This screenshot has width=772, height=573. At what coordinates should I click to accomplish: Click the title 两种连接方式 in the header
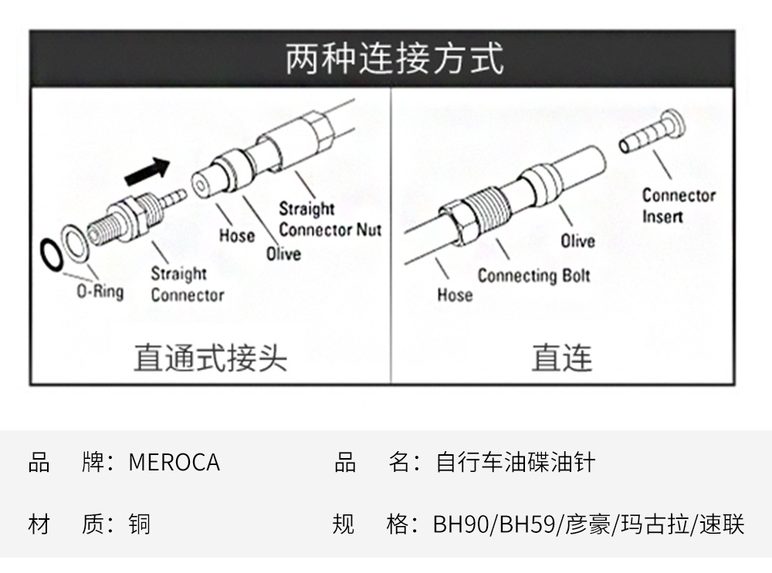click(x=394, y=59)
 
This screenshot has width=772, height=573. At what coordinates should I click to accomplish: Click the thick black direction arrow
click(x=146, y=170)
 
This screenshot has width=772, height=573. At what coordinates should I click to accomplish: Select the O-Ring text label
click(x=100, y=292)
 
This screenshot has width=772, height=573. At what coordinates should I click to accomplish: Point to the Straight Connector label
click(x=187, y=284)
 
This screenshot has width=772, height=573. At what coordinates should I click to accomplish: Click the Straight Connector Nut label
click(x=330, y=219)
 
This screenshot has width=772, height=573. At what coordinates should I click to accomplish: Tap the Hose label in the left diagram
click(x=236, y=234)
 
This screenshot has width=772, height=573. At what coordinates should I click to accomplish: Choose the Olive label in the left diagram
click(x=283, y=254)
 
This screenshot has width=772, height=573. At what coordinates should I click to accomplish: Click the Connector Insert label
click(x=679, y=206)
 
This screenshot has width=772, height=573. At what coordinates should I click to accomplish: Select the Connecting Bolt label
click(x=533, y=275)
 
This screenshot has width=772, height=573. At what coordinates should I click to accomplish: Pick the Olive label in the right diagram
click(x=577, y=241)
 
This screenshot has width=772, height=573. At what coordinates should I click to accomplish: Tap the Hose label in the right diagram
click(x=455, y=295)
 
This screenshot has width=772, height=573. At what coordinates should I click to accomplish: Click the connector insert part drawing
click(x=653, y=132)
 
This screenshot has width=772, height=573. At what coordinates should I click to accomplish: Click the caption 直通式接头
click(x=210, y=359)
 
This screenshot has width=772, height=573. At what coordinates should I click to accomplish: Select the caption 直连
click(x=561, y=359)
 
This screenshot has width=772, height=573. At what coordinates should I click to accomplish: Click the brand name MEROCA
click(x=174, y=463)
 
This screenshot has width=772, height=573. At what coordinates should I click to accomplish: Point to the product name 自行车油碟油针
click(x=516, y=463)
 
